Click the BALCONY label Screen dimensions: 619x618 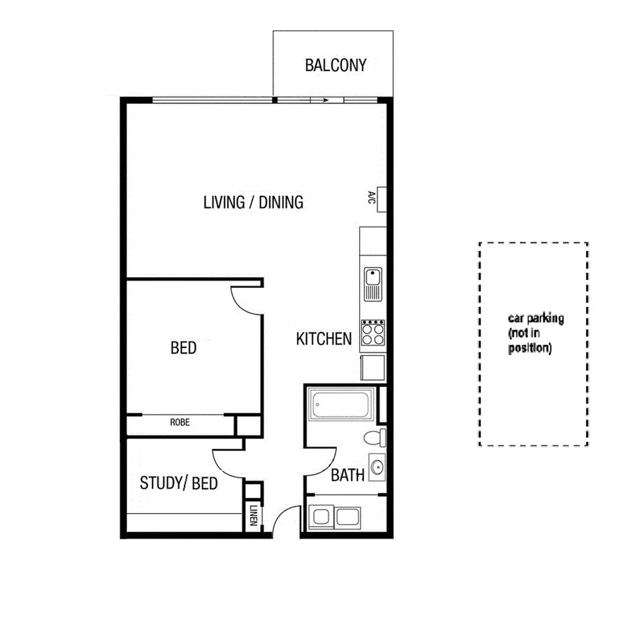335,65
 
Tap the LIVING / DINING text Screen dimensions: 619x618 253,202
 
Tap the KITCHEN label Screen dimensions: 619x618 324,339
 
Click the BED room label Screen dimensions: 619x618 183,348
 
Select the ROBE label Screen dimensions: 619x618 179,423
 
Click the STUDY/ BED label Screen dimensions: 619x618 179,483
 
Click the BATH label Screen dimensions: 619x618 348,475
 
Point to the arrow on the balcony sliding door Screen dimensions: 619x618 325,100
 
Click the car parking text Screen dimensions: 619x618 536,333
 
